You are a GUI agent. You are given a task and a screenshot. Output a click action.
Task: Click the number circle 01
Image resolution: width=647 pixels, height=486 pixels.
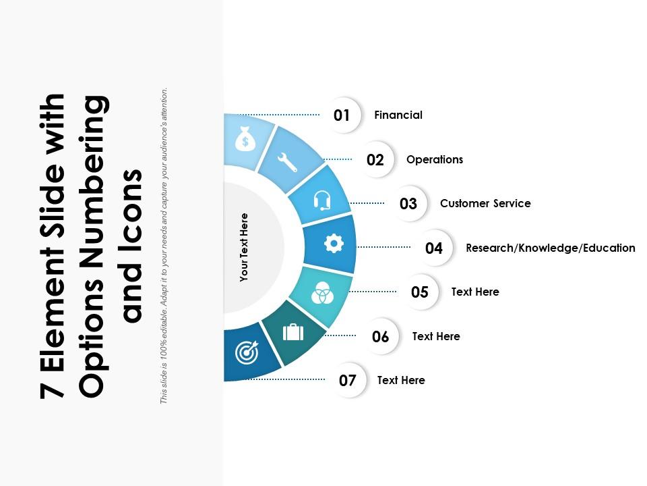click(342, 115)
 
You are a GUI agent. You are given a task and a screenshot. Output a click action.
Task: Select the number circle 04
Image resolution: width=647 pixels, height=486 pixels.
click(434, 248)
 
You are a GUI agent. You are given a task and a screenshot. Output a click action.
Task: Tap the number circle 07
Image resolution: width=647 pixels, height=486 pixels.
click(348, 381)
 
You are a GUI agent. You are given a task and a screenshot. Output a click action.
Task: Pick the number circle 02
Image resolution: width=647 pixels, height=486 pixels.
click(375, 160)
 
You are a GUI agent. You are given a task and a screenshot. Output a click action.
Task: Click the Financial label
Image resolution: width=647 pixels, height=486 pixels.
click(398, 115)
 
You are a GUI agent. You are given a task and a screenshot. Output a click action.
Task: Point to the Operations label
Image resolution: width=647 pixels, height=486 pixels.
click(435, 160)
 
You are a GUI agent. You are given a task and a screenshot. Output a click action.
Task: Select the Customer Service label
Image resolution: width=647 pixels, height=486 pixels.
click(485, 204)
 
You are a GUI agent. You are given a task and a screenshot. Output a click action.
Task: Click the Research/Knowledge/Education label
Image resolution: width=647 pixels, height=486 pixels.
click(550, 248)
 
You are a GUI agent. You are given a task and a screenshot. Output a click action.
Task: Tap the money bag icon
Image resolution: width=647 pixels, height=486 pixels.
click(243, 140)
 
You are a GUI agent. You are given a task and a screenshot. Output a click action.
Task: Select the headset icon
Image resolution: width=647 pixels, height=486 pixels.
click(322, 200)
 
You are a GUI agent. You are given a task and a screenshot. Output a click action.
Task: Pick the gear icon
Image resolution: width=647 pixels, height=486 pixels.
click(334, 244)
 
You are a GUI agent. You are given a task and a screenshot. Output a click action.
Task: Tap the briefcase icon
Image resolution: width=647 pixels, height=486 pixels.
click(293, 332)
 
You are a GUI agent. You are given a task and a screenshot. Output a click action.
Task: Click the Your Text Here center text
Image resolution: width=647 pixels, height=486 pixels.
click(244, 247)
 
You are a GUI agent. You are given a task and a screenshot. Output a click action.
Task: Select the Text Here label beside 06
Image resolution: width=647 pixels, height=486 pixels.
click(436, 336)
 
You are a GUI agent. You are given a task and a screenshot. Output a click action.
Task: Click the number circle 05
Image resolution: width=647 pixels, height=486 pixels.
click(420, 292)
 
